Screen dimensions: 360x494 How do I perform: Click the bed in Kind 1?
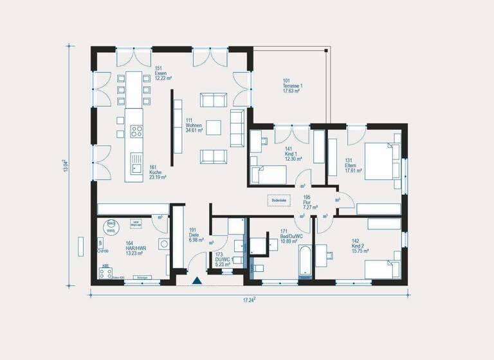[268, 174]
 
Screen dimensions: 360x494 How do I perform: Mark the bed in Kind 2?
[382, 268]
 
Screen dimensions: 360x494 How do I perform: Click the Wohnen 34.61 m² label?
[194, 125]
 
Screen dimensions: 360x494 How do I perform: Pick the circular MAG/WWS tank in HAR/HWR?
[111, 225]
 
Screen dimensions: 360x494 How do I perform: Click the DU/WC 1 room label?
[222, 259]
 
